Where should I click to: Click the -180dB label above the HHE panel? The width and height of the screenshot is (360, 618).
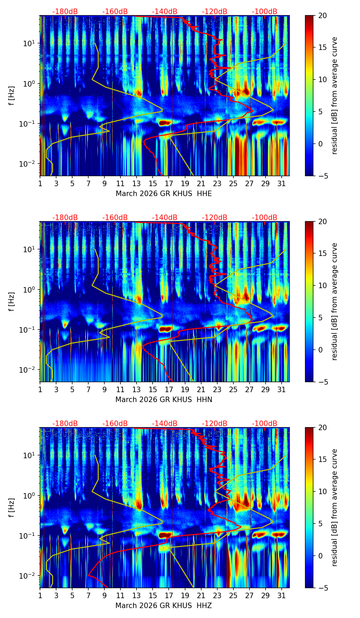click(x=65, y=12)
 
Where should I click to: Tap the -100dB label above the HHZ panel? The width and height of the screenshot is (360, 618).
click(x=265, y=424)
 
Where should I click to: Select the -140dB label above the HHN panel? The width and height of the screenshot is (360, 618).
click(x=165, y=218)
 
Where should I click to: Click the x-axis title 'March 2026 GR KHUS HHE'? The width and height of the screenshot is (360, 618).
click(x=164, y=194)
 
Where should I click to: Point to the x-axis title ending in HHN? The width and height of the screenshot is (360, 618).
click(x=164, y=400)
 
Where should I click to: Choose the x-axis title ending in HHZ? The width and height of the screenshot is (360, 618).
click(x=164, y=606)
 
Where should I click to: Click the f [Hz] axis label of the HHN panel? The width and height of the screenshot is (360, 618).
click(x=12, y=301)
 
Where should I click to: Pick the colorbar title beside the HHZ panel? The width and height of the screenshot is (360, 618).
click(x=334, y=507)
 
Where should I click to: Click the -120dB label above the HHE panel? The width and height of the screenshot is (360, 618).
click(x=215, y=12)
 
